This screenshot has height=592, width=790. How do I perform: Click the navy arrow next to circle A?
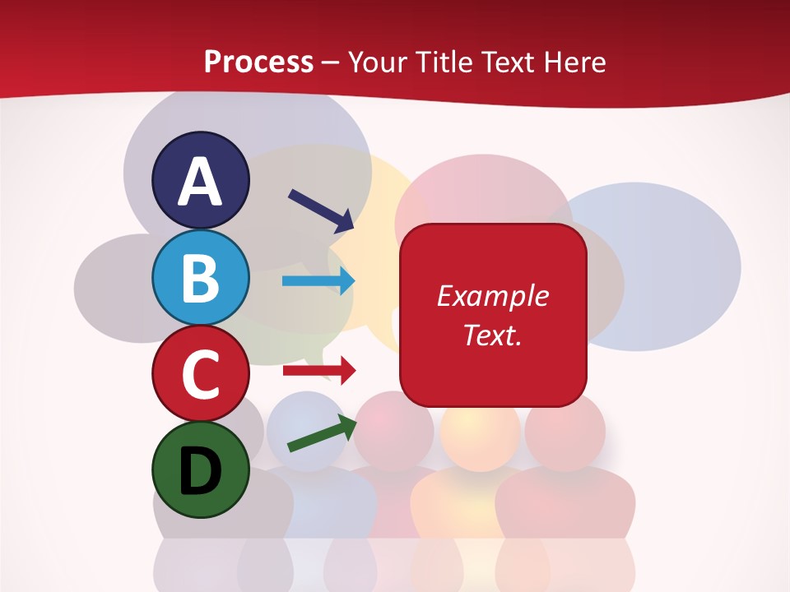tap(320, 210)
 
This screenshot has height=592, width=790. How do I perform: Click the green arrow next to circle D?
tap(322, 433)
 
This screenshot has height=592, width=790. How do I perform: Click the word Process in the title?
tap(258, 62)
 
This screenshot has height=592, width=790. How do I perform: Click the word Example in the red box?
tap(492, 296)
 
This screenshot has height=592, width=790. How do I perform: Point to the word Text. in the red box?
tap(492, 335)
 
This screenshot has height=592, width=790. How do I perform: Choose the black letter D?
tap(201, 471)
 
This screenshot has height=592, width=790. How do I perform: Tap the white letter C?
tap(201, 375)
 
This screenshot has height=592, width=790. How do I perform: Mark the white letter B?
tap(201, 278)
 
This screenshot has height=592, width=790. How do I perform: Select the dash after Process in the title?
tap(330, 63)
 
